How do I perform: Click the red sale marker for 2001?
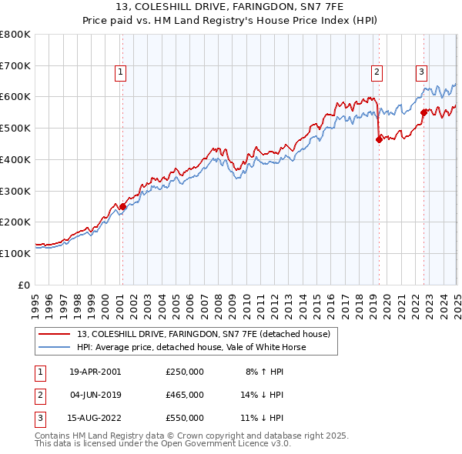pos(122,206)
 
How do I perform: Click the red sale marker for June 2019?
pos(378,139)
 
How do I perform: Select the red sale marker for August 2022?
pos(423,112)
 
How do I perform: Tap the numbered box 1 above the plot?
pos(122,73)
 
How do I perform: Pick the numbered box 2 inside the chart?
pos(377,73)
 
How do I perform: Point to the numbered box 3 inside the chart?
pos(422,73)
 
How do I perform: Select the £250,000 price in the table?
pos(184,372)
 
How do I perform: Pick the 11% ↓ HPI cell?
pos(263,418)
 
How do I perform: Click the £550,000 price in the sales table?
pos(184,418)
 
